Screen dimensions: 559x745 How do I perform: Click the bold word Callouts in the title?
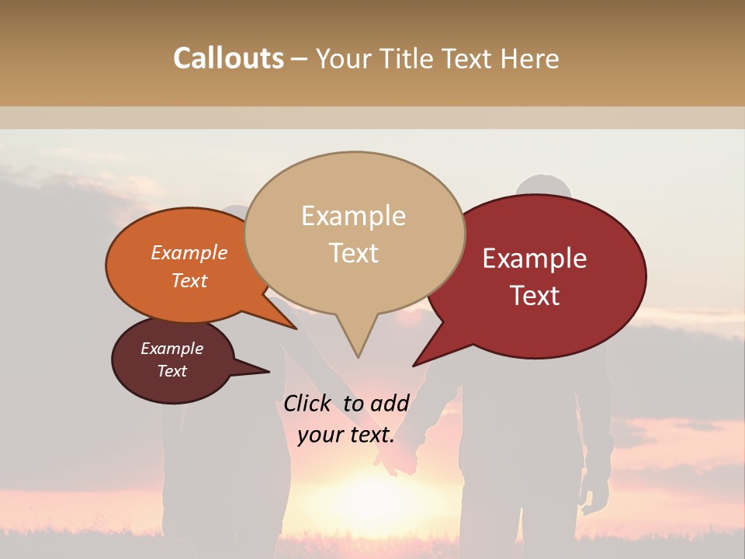(x=228, y=59)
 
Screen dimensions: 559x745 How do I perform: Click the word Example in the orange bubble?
(x=189, y=253)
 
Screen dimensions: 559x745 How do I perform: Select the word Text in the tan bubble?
(x=354, y=253)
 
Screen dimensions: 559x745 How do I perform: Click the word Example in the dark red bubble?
(x=535, y=259)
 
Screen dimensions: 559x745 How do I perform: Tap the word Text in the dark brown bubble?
(x=172, y=371)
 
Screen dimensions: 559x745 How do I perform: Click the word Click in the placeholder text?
(x=307, y=403)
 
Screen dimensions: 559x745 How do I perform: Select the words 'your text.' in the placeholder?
(x=346, y=435)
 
